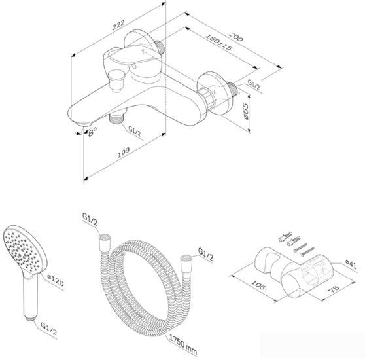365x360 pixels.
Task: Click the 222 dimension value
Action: (118, 25)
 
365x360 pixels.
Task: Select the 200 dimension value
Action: (235, 37)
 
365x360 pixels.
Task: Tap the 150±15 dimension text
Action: (219, 42)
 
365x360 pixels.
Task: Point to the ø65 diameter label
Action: (245, 111)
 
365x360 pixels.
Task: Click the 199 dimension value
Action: (124, 153)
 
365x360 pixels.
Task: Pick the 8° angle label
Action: (92, 132)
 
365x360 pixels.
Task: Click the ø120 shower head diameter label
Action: (55, 280)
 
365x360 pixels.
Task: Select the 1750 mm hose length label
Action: (183, 346)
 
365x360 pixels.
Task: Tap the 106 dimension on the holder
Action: (258, 285)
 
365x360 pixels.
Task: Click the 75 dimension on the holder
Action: (334, 289)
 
